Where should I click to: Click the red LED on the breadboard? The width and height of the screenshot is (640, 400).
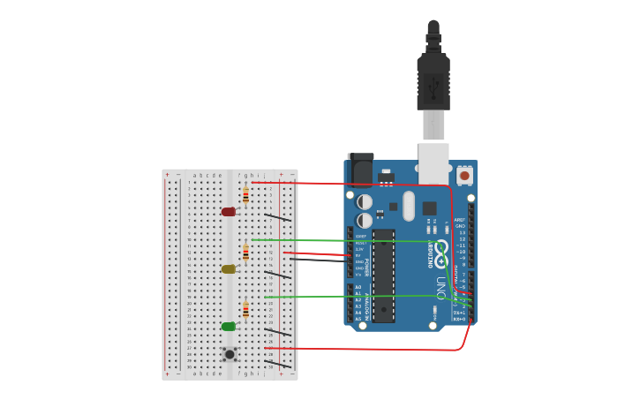coord(229,212)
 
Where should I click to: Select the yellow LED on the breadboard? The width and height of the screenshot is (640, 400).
coord(229,269)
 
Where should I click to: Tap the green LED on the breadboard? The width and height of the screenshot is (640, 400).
coord(229,327)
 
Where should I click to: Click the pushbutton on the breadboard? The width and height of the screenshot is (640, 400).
coord(230,354)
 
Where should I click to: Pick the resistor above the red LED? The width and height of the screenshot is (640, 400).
coord(245,195)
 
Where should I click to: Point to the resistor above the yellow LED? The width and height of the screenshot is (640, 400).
coord(245,253)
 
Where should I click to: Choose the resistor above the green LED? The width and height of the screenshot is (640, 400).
coord(245,310)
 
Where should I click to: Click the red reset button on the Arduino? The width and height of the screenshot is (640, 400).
coord(464,176)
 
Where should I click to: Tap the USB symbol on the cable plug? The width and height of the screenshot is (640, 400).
coord(433,87)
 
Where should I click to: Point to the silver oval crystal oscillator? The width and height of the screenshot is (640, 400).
coord(408,207)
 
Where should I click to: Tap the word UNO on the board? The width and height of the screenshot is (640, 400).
coord(440,287)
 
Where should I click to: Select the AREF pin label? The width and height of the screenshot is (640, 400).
coord(459,220)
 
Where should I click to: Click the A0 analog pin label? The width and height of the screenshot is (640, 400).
coord(358,287)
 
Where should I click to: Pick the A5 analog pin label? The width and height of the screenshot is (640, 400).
coord(358,319)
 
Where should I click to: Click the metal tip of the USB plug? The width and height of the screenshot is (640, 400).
coord(433,125)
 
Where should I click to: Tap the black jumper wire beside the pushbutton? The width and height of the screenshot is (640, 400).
coord(277,362)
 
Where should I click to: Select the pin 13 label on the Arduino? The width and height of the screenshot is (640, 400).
coord(461,232)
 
